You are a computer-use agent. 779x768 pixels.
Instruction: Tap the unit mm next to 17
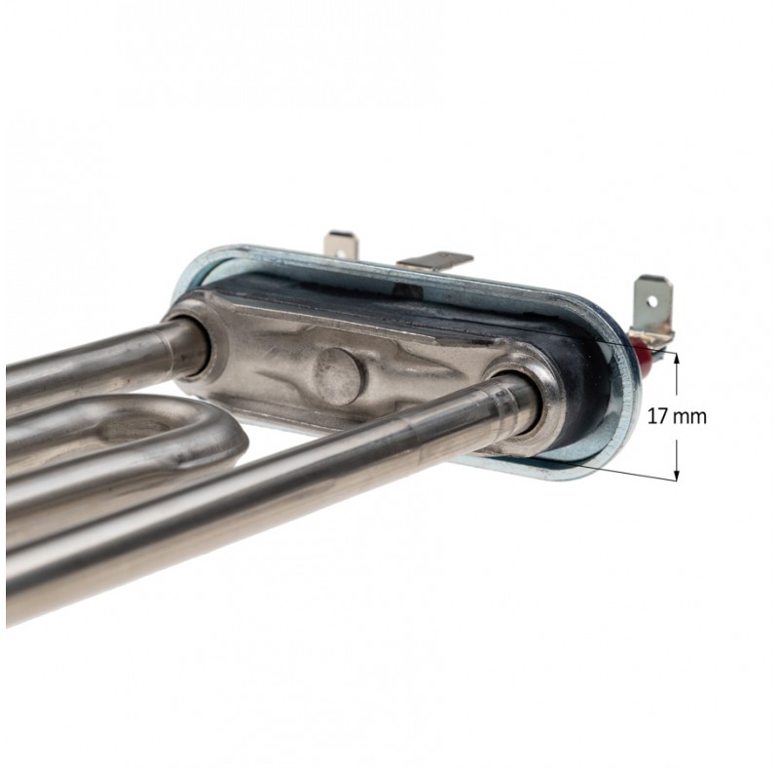(x=689, y=418)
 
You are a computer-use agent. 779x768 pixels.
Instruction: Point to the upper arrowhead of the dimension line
(x=676, y=357)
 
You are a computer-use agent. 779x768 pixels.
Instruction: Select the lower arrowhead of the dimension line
(x=676, y=475)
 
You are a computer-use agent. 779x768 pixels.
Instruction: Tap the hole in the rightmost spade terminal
(x=651, y=301)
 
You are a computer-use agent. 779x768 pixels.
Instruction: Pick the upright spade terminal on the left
(x=340, y=245)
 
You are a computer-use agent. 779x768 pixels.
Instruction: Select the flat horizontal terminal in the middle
(x=435, y=262)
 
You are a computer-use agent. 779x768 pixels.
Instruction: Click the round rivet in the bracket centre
(x=338, y=375)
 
